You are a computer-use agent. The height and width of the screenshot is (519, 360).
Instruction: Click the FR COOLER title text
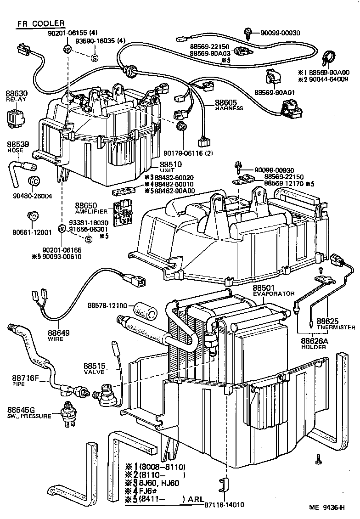(40, 24)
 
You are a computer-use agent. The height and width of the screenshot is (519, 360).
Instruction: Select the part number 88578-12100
(110, 305)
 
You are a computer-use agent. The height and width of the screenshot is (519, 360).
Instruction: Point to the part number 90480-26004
(32, 195)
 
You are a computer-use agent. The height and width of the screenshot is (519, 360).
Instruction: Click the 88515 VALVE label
(96, 369)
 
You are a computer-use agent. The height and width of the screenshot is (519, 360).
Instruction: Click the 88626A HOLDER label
(314, 344)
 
